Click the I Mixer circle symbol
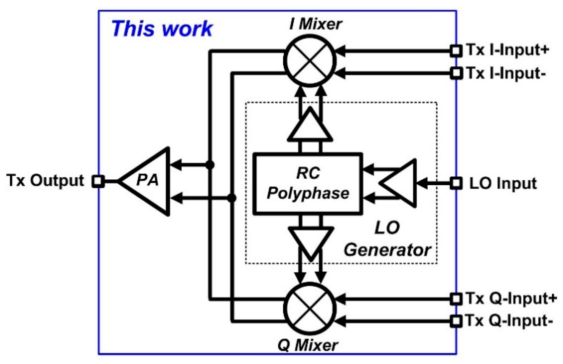(310, 60)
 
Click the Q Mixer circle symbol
(310, 309)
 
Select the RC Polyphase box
(308, 183)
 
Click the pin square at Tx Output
(98, 181)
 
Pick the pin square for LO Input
(456, 183)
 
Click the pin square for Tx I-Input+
(456, 50)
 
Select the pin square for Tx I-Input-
(456, 73)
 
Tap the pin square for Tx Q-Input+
(456, 299)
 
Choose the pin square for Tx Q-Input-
(456, 321)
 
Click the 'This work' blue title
(162, 29)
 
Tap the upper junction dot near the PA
(210, 165)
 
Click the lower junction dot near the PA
(232, 198)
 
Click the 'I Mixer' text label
(316, 24)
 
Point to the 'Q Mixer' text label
(308, 345)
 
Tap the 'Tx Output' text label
(45, 181)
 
